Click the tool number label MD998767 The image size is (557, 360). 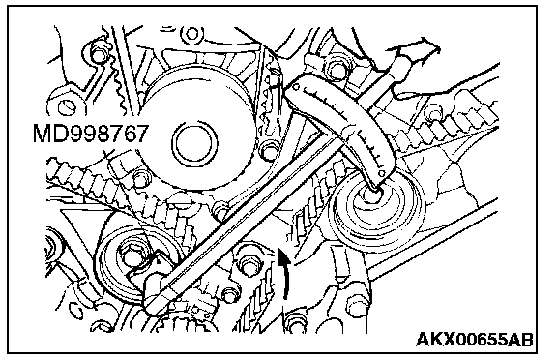tap(90, 134)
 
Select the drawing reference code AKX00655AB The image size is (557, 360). tap(475, 340)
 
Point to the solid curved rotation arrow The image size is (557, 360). tap(284, 274)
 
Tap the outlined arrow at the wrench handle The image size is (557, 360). tap(416, 52)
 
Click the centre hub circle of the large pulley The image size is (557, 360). tap(194, 142)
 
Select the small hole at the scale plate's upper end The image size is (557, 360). tap(296, 86)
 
